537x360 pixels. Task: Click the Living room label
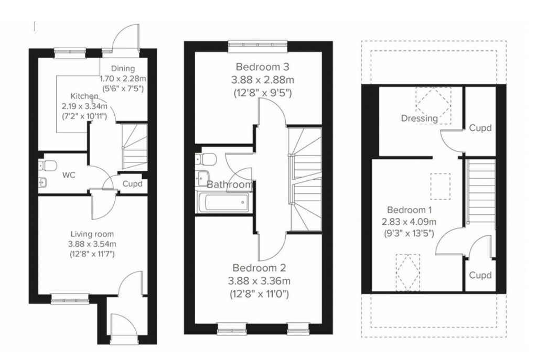pyautogui.click(x=92, y=234)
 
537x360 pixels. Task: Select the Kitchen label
pyautogui.click(x=84, y=96)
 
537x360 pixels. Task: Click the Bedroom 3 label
pyautogui.click(x=262, y=67)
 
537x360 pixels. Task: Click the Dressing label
pyautogui.click(x=419, y=118)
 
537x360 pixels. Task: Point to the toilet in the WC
pyautogui.click(x=49, y=166)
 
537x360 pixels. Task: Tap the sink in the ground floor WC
pyautogui.click(x=44, y=182)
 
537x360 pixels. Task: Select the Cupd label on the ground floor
pyautogui.click(x=132, y=184)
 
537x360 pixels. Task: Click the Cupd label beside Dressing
pyautogui.click(x=480, y=127)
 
